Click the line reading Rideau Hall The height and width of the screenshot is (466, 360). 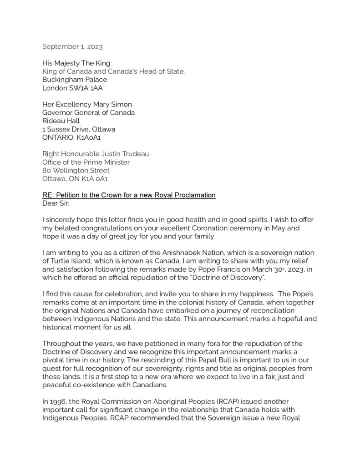61,121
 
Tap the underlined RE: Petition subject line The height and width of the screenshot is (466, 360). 129,195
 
